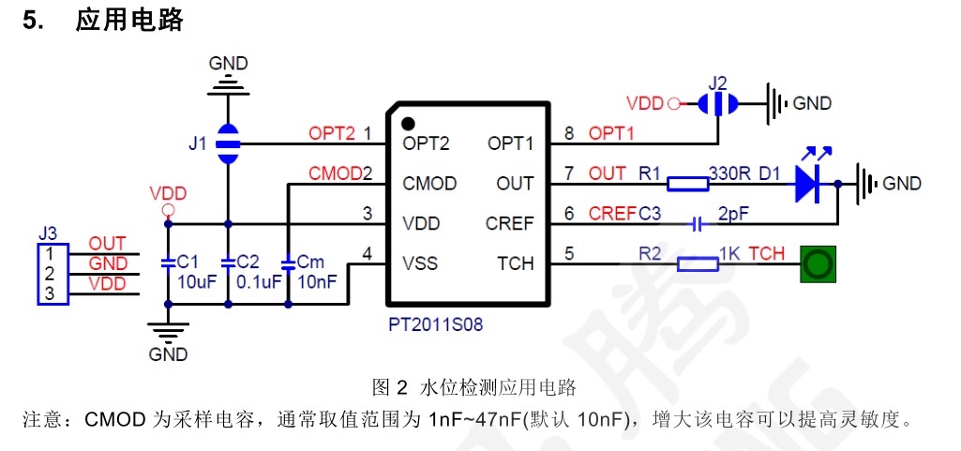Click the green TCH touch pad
click(818, 264)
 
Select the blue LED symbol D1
click(809, 183)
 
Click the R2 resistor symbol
click(698, 264)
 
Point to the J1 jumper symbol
click(228, 144)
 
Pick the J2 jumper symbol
click(718, 102)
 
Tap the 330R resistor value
click(730, 173)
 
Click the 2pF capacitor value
click(733, 214)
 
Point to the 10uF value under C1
click(192, 280)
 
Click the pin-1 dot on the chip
click(408, 122)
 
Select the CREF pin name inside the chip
click(509, 224)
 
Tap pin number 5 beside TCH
click(568, 252)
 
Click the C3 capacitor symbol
click(696, 224)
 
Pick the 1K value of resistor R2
click(731, 254)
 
